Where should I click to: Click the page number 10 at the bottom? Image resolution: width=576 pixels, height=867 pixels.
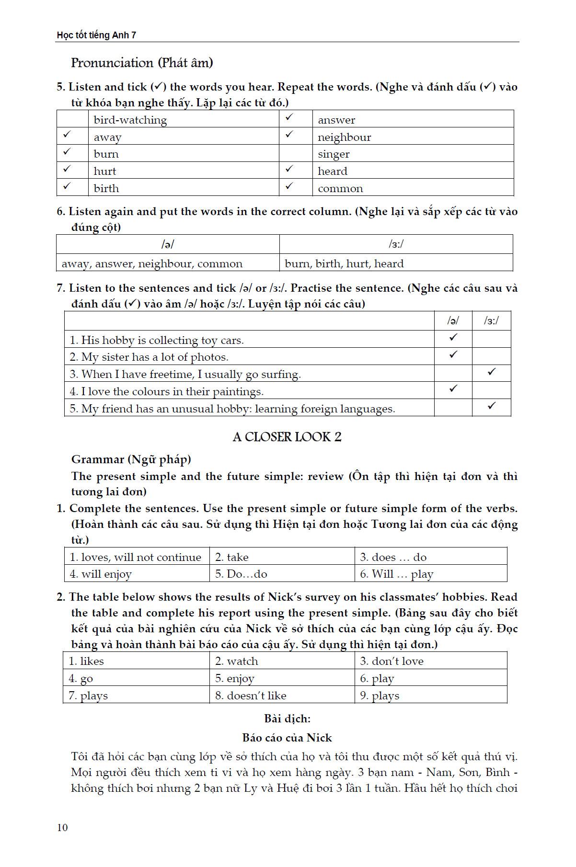[x=62, y=828]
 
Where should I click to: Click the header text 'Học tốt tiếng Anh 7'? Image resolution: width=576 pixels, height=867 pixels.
[x=96, y=35]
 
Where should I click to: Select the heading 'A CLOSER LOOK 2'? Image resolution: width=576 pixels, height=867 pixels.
[x=287, y=437]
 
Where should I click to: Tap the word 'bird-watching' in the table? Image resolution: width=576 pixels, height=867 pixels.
[x=130, y=120]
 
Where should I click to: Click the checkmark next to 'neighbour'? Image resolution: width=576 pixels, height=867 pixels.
[x=289, y=135]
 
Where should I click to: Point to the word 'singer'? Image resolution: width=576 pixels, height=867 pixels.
[x=334, y=154]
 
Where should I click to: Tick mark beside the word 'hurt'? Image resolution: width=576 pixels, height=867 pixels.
[x=67, y=169]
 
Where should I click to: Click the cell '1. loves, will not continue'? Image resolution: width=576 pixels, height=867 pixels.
[x=136, y=557]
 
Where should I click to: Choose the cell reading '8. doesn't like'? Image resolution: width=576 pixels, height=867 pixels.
[x=251, y=696]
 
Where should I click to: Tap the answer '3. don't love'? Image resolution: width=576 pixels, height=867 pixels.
[x=392, y=661]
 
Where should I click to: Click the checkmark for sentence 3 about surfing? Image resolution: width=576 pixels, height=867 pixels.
[x=491, y=372]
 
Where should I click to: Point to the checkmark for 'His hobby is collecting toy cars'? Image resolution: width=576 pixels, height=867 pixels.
[x=453, y=338]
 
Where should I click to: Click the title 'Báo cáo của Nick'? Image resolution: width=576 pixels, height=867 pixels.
[x=287, y=738]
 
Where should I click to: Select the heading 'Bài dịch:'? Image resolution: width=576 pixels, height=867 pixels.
[x=287, y=719]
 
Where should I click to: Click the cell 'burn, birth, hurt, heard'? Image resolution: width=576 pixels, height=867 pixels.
[x=344, y=263]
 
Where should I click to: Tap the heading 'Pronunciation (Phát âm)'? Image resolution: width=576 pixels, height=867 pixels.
[x=142, y=63]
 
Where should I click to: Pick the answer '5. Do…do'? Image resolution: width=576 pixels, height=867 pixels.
[x=241, y=574]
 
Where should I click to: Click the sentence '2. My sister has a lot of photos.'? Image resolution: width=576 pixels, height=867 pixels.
[x=149, y=357]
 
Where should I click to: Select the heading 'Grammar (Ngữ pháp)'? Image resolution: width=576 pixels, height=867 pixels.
[x=131, y=459]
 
